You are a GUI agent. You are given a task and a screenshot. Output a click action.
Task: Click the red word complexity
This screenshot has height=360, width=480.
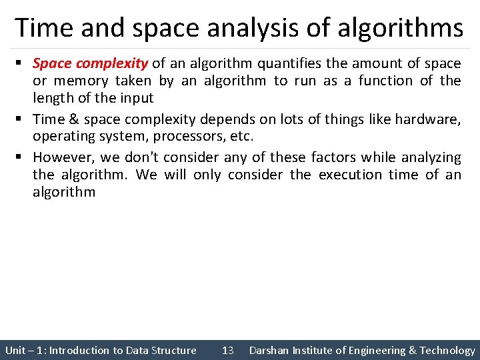point(112,64)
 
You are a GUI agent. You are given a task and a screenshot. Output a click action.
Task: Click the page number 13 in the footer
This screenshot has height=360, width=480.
point(227,351)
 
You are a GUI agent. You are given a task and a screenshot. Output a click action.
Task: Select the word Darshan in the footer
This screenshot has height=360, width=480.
point(269,351)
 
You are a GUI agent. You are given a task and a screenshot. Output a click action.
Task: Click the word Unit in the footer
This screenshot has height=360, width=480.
point(15,351)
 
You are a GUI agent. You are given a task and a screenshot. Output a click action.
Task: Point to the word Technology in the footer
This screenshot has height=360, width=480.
point(447,351)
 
